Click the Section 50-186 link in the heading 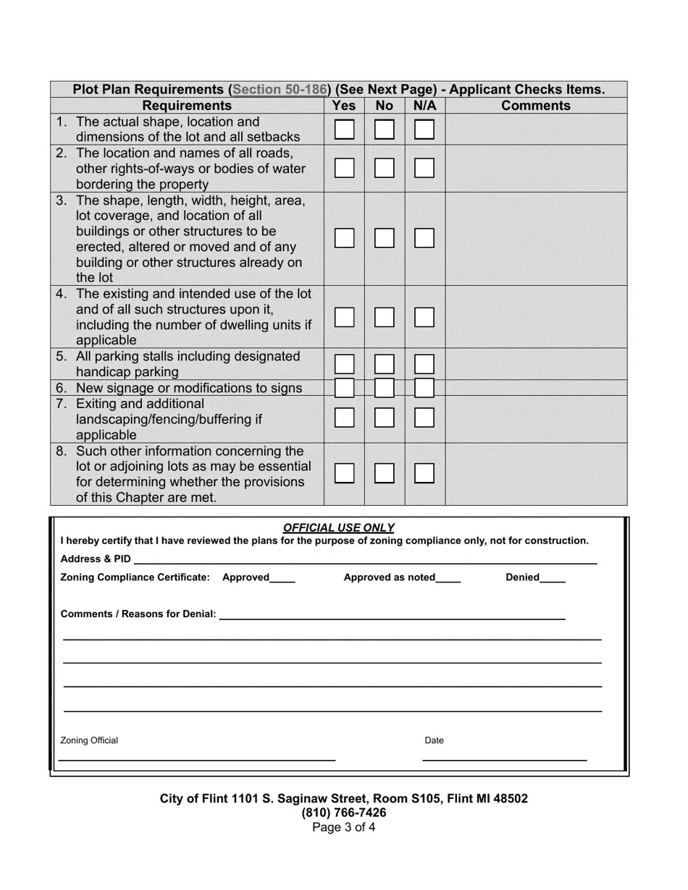click(280, 90)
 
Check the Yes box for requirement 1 click(345, 130)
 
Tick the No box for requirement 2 click(385, 168)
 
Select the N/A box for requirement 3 click(424, 238)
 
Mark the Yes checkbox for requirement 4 click(345, 317)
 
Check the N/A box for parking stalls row click(424, 364)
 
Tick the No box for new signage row click(385, 388)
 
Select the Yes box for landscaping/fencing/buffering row click(345, 418)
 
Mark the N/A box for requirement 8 click(424, 473)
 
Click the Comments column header click(535, 106)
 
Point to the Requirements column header click(187, 106)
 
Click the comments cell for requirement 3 click(535, 238)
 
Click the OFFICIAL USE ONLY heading click(338, 527)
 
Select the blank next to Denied click(553, 577)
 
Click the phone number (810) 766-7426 click(344, 813)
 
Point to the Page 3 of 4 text click(344, 827)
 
